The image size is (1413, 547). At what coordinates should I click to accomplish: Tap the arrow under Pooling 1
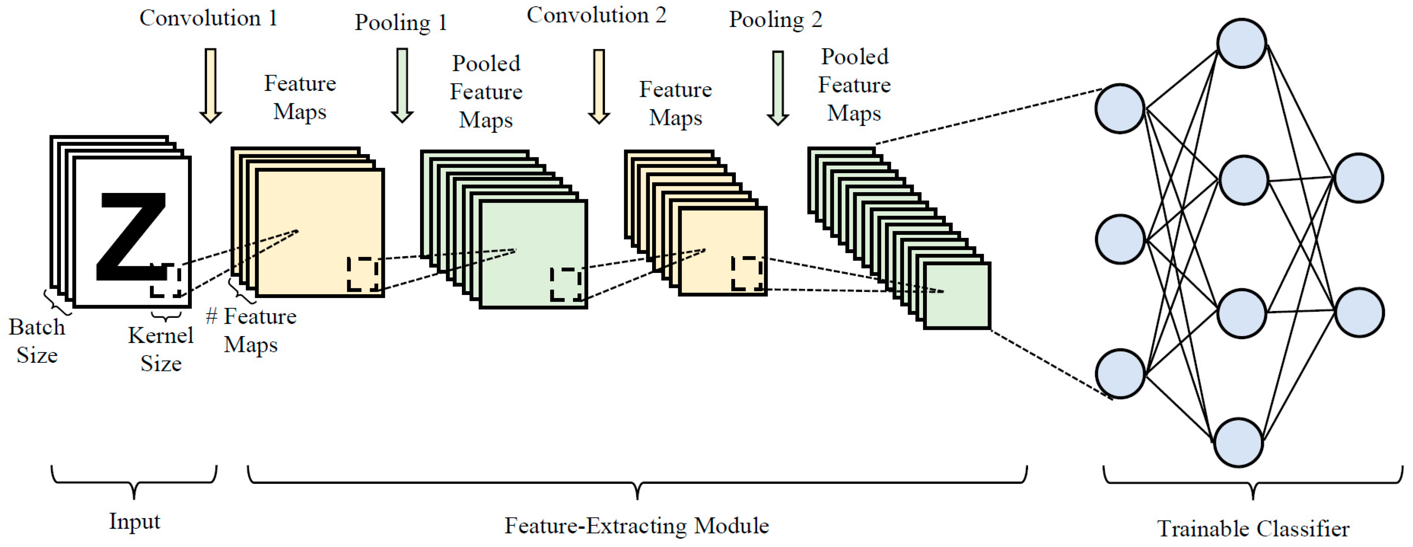pos(402,85)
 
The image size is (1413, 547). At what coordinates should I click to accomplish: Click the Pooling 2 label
pos(775,20)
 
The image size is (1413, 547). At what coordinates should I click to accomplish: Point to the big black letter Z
pos(132,236)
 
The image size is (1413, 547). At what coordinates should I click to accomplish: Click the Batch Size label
pos(37,341)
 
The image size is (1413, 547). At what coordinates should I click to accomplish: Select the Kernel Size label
pos(161,349)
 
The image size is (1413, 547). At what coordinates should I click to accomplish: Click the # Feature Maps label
pos(251,330)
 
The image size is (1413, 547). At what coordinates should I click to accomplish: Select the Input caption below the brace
pos(135,521)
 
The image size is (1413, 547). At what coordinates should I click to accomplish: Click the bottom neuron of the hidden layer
pos(1238,442)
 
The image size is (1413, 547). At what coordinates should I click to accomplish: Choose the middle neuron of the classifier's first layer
pos(1120,239)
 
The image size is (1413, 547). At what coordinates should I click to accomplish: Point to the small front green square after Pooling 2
pos(957,296)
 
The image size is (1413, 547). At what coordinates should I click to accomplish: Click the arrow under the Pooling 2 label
pos(778,88)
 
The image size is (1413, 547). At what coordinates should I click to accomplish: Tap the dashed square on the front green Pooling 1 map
pos(566,284)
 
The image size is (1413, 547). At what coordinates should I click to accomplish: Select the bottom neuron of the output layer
pos(1359,312)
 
